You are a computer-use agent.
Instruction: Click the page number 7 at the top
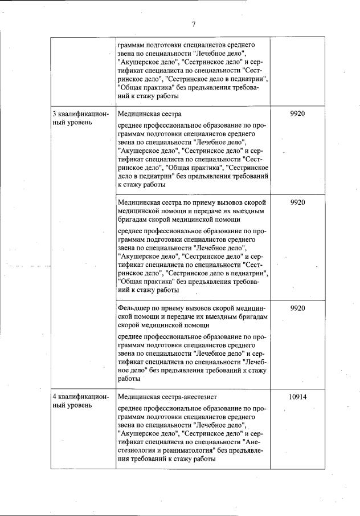coord(194,23)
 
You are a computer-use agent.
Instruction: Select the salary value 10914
coord(297,397)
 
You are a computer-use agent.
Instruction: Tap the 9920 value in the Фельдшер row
coord(297,308)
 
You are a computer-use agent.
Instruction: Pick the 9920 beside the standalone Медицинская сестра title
coord(297,113)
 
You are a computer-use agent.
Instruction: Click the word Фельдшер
coord(133,308)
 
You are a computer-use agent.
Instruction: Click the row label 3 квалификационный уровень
coord(76,118)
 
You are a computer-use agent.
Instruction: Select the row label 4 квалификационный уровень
coord(76,401)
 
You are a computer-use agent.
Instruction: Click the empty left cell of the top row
coord(83,71)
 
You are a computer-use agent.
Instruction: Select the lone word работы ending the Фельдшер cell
coord(129,379)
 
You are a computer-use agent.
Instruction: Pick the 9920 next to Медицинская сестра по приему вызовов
coord(297,202)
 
